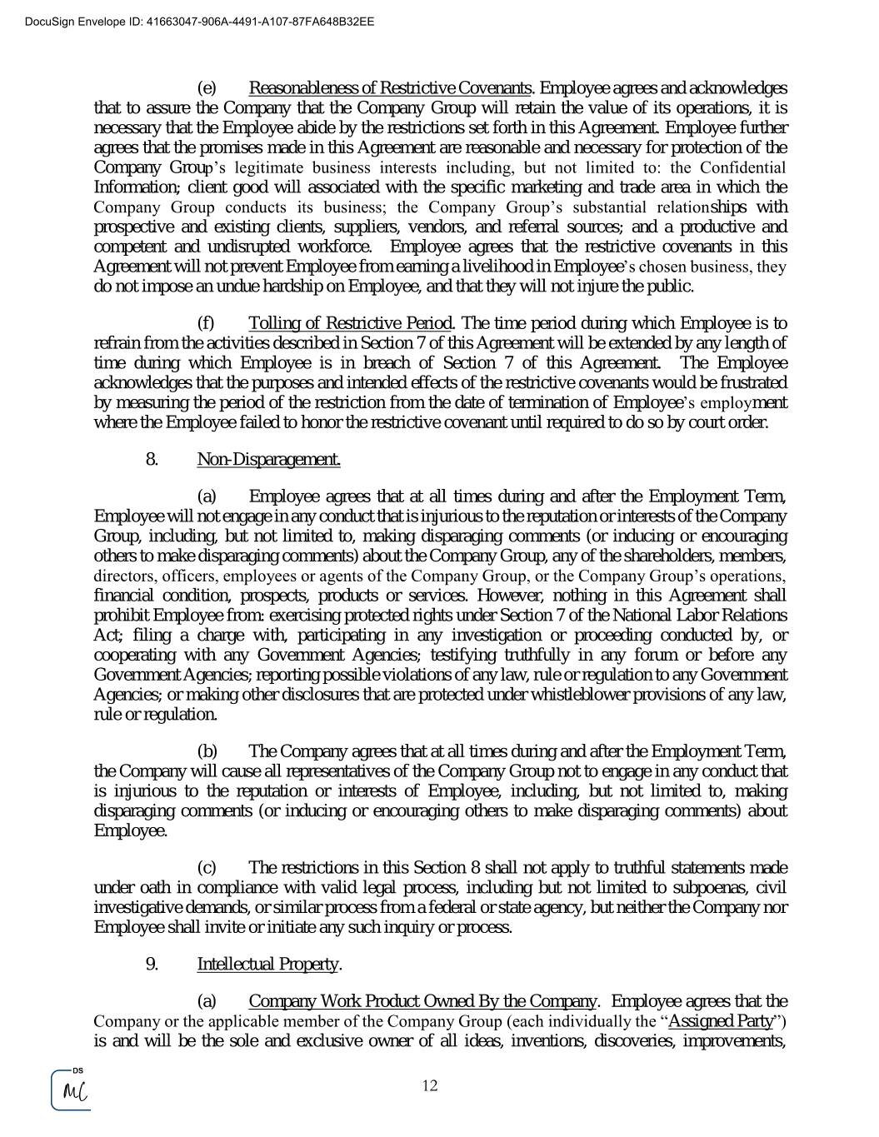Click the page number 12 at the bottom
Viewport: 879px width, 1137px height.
point(430,1085)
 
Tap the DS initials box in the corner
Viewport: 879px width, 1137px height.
point(72,1090)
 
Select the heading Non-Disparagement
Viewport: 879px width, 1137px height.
point(268,459)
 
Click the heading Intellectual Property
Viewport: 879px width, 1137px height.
point(267,964)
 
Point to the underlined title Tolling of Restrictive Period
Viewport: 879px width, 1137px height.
point(350,323)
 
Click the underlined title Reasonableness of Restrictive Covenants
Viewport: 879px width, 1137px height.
point(390,88)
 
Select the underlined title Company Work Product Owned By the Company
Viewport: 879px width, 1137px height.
point(422,1000)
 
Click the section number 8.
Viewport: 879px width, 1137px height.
point(152,459)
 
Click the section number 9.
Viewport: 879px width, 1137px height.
point(152,964)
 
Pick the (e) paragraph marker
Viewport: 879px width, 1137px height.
point(207,88)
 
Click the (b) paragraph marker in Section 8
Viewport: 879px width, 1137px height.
point(207,751)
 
